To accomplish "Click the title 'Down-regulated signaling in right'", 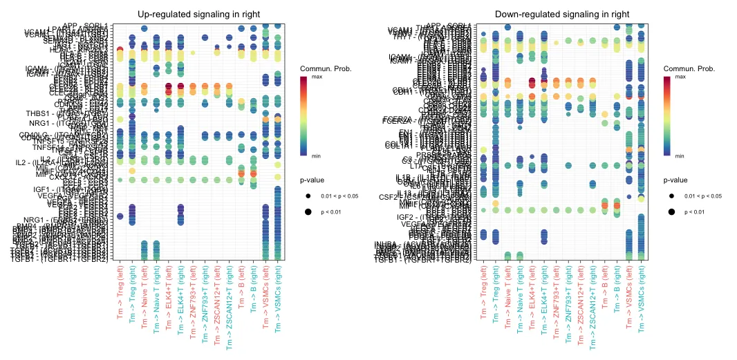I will pyautogui.click(x=562, y=14).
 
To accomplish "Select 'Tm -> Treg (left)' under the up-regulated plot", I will pyautogui.click(x=120, y=296).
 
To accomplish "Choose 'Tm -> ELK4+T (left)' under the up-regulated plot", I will pyautogui.click(x=168, y=299).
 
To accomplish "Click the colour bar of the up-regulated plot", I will pyautogui.click(x=304, y=115).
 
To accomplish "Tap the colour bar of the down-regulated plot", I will pyautogui.click(x=667, y=115).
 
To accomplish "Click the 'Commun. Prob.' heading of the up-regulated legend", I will pyautogui.click(x=322, y=68).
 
